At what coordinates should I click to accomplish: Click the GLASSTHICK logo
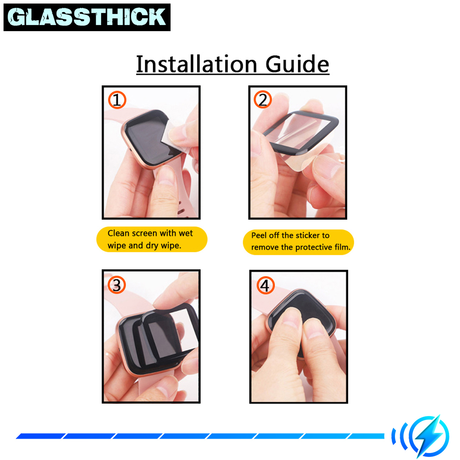pos(87,17)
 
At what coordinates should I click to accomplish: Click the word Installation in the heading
pos(196,64)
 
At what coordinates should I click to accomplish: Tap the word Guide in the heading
pos(297,64)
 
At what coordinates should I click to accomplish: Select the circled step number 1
pos(117,100)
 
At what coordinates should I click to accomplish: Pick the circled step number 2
pos(263,99)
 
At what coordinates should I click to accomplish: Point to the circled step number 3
pos(116,285)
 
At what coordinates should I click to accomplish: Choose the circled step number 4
pos(265,285)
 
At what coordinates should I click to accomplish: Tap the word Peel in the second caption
pos(259,235)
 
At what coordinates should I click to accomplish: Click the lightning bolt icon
pos(429,436)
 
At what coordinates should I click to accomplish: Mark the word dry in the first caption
pos(152,246)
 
